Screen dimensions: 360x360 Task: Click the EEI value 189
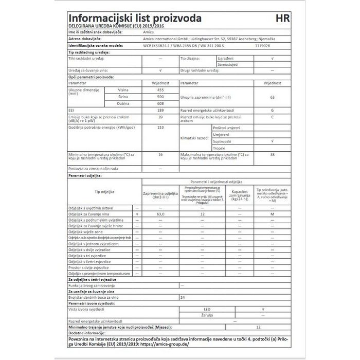160,110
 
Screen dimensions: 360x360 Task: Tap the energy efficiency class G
272,110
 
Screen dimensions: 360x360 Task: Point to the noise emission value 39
160,117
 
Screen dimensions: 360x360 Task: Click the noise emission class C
272,117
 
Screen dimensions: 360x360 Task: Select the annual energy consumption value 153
160,127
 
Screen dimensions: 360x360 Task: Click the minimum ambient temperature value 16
160,154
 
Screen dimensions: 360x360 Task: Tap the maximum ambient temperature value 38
272,154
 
